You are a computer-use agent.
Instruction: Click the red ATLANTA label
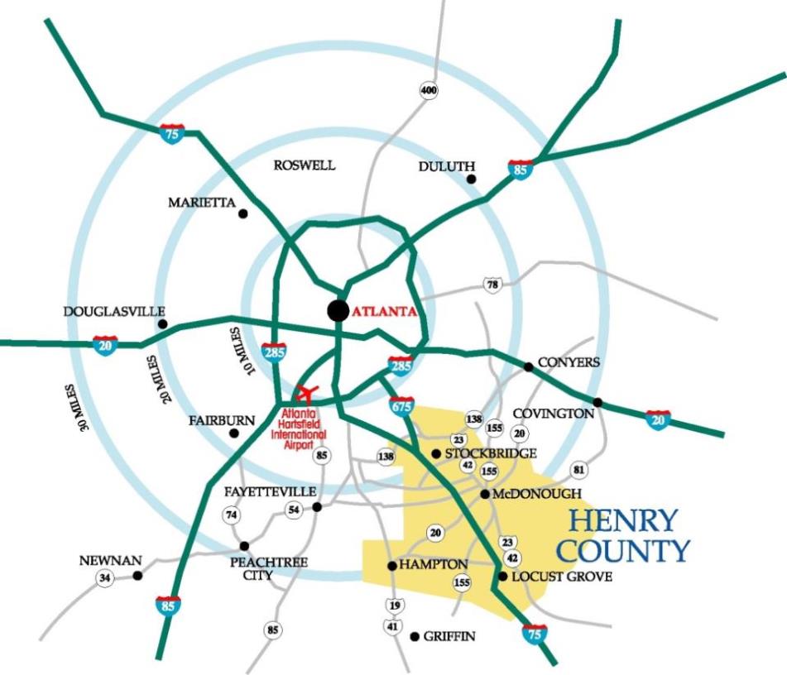point(382,313)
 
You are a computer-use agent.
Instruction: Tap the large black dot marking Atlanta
point(338,310)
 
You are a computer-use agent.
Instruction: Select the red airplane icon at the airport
point(306,390)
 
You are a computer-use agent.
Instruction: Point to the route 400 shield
point(429,90)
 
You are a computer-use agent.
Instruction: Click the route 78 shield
point(493,285)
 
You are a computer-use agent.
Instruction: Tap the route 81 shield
point(578,471)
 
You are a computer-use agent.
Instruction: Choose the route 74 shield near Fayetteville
point(232,515)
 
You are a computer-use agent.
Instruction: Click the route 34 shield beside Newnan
point(104,578)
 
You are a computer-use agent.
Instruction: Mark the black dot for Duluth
point(471,179)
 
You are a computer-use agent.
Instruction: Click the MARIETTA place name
point(202,203)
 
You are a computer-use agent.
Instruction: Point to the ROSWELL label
point(305,165)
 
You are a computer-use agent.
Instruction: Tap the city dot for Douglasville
point(162,323)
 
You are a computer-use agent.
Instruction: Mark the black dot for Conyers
point(528,366)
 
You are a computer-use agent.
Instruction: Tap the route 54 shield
point(293,510)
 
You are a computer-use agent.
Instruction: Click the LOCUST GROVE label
point(562,577)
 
